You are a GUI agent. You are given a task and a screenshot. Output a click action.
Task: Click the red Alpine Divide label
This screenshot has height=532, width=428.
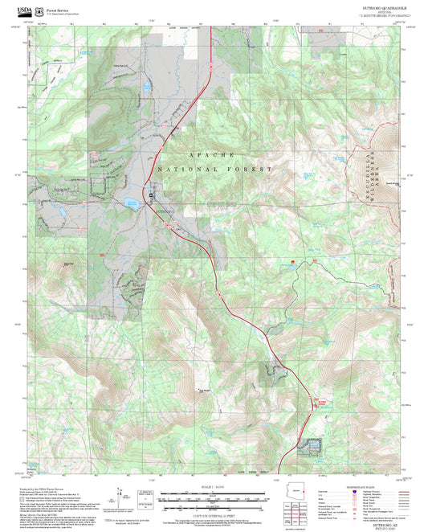coord(321,401)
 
